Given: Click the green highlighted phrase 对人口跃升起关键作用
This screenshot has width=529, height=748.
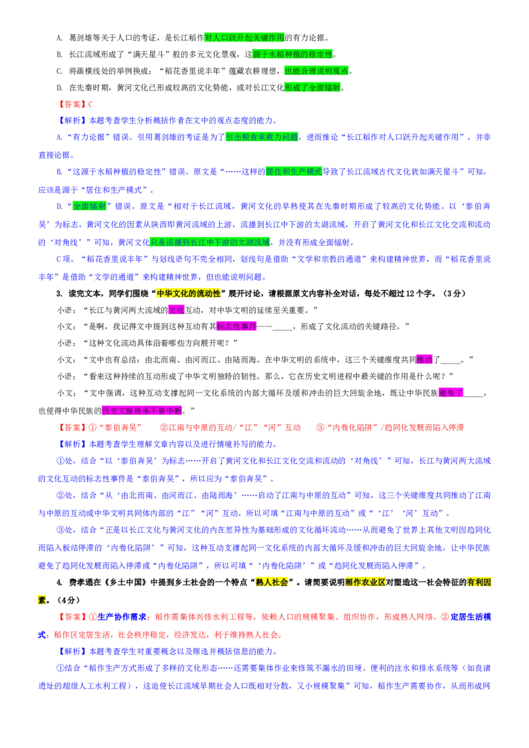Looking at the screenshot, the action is (x=244, y=37).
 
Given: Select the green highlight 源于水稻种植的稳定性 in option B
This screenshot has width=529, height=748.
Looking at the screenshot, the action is (x=292, y=54).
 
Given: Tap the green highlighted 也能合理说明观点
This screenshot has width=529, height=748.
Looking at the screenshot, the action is (x=317, y=71).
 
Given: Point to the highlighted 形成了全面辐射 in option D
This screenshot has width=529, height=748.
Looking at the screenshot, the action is (x=312, y=88).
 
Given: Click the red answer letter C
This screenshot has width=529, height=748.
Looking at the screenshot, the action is (x=90, y=104).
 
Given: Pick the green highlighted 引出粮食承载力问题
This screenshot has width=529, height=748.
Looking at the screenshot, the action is (x=262, y=137).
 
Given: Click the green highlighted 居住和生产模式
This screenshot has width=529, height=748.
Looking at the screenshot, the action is (x=294, y=172).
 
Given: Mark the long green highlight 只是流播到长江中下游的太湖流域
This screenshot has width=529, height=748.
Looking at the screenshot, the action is (x=210, y=243).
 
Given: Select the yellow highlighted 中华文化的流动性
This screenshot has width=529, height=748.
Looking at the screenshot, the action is (x=188, y=293).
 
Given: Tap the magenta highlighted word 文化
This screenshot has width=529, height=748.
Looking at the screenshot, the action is (x=176, y=310).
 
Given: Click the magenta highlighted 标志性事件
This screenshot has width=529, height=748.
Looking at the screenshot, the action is (x=236, y=326).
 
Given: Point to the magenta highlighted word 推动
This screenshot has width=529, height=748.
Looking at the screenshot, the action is (x=424, y=359).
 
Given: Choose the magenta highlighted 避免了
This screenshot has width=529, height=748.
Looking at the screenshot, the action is (x=451, y=393).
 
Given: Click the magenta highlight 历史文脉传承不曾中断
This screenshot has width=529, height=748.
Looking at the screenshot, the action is (x=142, y=410).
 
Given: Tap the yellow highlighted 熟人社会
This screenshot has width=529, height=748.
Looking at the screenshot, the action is (x=272, y=582).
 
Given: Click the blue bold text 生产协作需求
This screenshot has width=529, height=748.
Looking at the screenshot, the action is (x=122, y=617).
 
